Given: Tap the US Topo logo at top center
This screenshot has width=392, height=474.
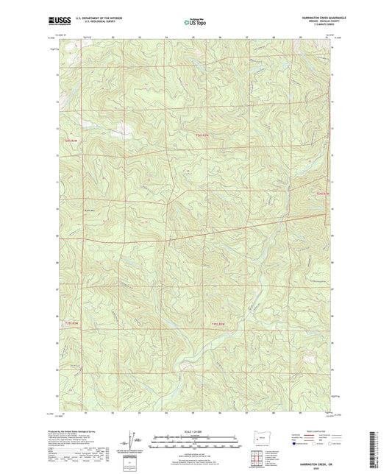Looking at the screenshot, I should point(195,23).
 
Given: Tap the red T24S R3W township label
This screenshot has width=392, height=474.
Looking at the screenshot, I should point(68,139).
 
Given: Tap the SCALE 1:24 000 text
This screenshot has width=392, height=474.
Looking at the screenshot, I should point(196,431).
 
